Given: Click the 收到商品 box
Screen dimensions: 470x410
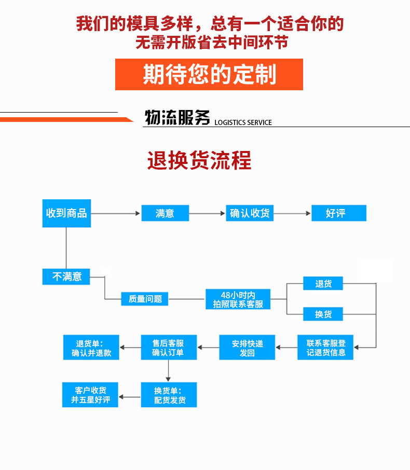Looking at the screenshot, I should click(66, 213).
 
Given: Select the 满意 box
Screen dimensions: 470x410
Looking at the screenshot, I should click(165, 213).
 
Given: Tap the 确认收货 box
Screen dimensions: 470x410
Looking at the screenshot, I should click(250, 213).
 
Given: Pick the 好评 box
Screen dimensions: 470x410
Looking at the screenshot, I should click(338, 213).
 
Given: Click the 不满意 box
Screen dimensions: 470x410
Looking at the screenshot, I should click(66, 277).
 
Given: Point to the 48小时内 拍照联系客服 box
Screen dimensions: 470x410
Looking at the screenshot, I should click(238, 299).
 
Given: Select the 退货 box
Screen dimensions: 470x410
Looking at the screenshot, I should click(323, 283).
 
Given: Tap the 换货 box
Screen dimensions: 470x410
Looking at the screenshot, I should click(323, 314).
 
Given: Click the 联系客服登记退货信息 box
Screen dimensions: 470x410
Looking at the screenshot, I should click(325, 348).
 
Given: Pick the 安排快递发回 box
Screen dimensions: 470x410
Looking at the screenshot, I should click(247, 348).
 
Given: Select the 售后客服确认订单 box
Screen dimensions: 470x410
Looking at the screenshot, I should click(168, 348).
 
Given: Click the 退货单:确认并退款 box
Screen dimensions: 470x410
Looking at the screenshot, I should click(91, 348).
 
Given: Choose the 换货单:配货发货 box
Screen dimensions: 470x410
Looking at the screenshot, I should click(169, 395).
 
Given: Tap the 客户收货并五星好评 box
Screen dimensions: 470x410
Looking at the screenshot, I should click(90, 395).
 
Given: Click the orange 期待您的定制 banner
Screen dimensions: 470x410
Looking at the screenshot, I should click(209, 75).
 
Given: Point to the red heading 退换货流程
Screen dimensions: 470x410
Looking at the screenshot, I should click(199, 160).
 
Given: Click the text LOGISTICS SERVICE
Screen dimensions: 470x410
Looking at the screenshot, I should click(242, 122).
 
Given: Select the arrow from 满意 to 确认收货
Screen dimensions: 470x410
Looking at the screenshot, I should click(207, 213).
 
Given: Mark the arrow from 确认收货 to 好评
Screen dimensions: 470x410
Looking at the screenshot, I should click(292, 213).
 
